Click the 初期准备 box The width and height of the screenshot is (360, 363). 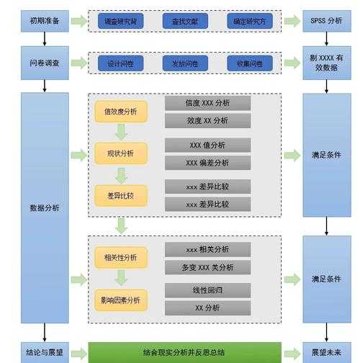45,21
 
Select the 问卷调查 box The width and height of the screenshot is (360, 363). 45,63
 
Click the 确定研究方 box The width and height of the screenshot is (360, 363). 250,22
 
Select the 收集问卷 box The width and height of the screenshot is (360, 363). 250,63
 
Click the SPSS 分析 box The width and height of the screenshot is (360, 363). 326,21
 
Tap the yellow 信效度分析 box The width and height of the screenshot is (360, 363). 120,112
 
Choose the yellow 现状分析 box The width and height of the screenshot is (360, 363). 120,153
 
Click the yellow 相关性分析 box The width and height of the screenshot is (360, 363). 120,258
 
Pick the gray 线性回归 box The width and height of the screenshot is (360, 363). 207,290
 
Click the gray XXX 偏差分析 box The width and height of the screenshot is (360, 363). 207,163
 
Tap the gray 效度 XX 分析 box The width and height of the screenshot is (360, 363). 207,120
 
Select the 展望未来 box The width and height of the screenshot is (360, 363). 326,353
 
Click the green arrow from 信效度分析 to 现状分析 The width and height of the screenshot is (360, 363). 121,133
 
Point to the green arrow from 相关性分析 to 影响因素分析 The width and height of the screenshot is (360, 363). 121,279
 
